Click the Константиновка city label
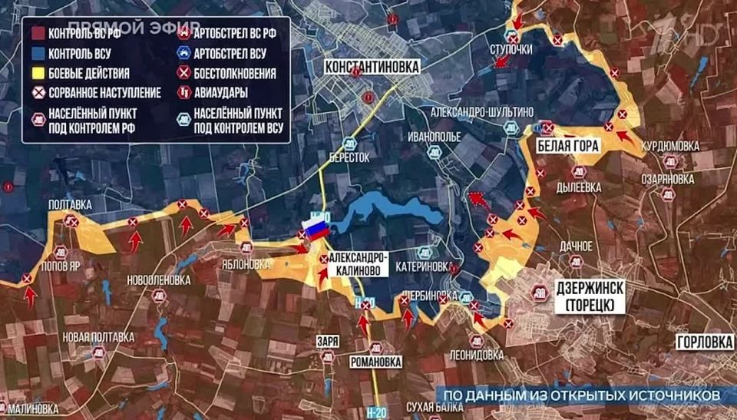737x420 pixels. pos(372,67)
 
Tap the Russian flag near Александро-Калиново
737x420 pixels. pos(316,228)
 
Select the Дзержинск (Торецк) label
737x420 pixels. pos(587,296)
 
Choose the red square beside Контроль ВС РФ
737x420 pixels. pos(36,33)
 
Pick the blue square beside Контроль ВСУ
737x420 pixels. pos(36,54)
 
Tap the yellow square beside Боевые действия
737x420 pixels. pos(36,74)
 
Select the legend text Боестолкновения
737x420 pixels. pos(236,74)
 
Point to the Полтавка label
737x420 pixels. pos(70,205)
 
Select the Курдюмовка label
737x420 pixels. pos(670,146)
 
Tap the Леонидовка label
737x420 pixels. pos(477,355)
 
